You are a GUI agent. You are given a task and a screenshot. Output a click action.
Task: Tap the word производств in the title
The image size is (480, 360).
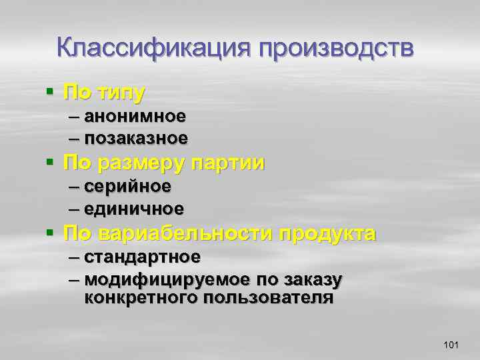(336, 49)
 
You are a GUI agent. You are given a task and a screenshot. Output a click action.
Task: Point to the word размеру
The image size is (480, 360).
(142, 162)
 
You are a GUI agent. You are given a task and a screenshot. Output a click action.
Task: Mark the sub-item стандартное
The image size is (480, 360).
(143, 257)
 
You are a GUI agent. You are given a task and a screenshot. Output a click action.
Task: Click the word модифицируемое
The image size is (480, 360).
(168, 279)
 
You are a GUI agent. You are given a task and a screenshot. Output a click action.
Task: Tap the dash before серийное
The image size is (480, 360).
(74, 186)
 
